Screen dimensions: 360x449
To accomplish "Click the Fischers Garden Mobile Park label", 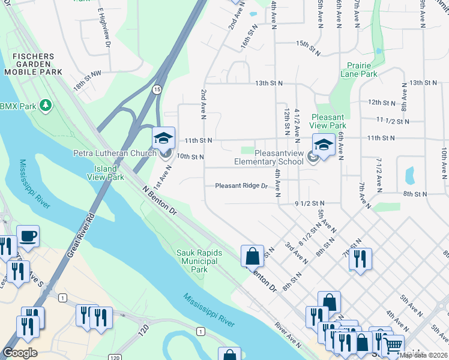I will (x=33, y=64).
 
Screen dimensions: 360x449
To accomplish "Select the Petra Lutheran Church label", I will (x=115, y=154).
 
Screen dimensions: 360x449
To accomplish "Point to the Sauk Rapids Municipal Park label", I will (x=199, y=261).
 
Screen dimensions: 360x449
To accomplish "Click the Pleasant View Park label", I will (x=327, y=121).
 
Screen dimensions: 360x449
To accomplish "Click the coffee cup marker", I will (x=28, y=236).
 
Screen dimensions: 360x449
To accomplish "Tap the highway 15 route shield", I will (x=157, y=89).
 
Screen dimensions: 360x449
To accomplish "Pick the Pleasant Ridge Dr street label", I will (x=241, y=186).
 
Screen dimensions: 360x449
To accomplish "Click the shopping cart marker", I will (x=393, y=346).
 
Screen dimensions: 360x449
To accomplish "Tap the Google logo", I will (x=20, y=353).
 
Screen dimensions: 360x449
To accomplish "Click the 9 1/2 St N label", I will (x=309, y=203).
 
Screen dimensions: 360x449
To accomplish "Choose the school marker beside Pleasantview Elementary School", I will (x=323, y=145).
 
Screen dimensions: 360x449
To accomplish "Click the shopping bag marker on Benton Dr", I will (x=253, y=256).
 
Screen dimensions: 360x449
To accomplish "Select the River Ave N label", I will (x=288, y=334).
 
